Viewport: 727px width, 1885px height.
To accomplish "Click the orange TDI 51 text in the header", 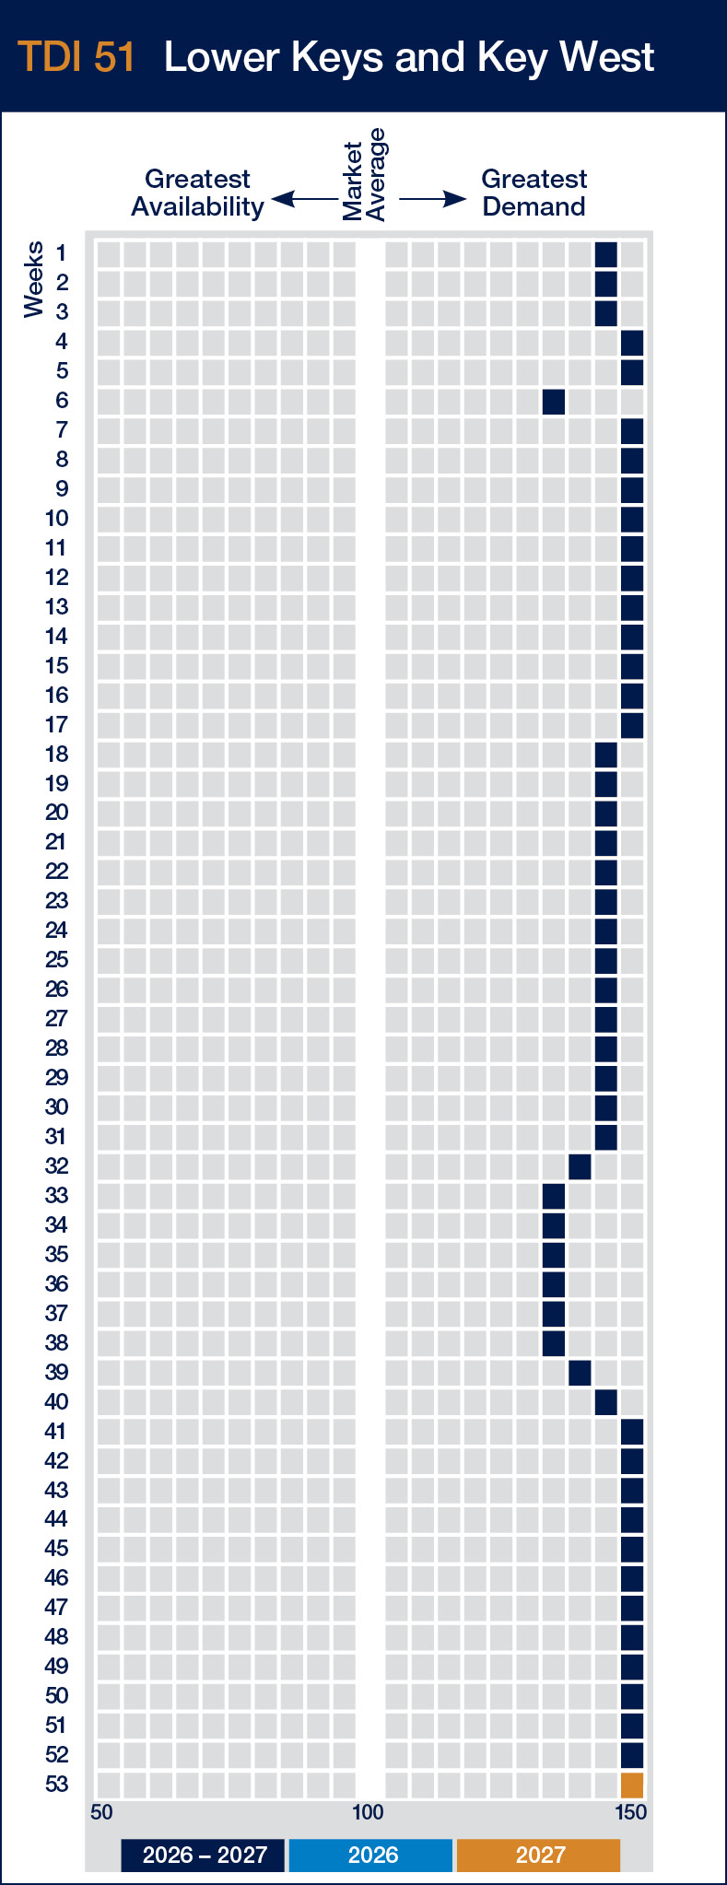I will click(76, 57).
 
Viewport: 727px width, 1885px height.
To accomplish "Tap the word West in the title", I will click(607, 57).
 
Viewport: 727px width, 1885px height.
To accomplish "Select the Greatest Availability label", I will click(197, 193).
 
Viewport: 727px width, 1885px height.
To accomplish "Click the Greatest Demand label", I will click(534, 193).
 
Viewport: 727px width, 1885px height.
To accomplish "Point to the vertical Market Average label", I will click(364, 176).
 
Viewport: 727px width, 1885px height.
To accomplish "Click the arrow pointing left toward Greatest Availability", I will click(304, 199).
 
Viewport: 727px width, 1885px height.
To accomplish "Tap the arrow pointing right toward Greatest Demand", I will click(433, 199).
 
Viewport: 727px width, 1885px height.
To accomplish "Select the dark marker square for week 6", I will click(554, 402).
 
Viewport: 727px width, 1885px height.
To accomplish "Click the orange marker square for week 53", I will click(632, 1785).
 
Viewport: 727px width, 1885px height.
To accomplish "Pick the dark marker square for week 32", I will click(580, 1166).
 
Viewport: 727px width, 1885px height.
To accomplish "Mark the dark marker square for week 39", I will click(580, 1372).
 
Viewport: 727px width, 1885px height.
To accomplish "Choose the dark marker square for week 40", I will click(605, 1401).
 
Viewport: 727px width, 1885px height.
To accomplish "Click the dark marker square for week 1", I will click(605, 254).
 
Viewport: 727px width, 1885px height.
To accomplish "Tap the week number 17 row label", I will click(56, 725).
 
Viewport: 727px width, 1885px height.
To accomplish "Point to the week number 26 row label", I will click(56, 989).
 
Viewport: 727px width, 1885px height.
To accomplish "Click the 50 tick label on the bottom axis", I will click(101, 1812).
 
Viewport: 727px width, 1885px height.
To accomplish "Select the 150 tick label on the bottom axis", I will click(631, 1812).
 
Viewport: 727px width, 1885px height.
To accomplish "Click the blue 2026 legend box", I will click(371, 1855).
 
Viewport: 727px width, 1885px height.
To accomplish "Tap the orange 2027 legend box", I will click(539, 1855).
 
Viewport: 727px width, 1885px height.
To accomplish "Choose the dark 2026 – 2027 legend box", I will click(204, 1855).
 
